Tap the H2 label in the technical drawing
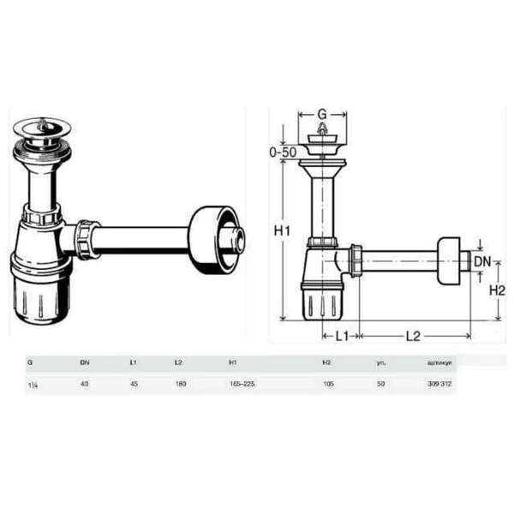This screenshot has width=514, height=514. [x=496, y=290]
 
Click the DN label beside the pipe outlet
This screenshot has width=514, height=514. [x=483, y=260]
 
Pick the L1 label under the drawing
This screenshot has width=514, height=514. [x=340, y=336]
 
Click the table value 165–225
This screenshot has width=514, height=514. [x=242, y=384]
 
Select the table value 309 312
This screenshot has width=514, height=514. [x=439, y=384]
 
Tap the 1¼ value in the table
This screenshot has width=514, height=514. [x=32, y=384]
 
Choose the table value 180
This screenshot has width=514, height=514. [x=179, y=384]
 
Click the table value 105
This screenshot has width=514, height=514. [x=326, y=384]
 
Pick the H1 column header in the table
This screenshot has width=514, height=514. [x=234, y=362]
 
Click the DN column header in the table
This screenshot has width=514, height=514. [x=85, y=362]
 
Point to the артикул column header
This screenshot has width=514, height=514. [x=439, y=362]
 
